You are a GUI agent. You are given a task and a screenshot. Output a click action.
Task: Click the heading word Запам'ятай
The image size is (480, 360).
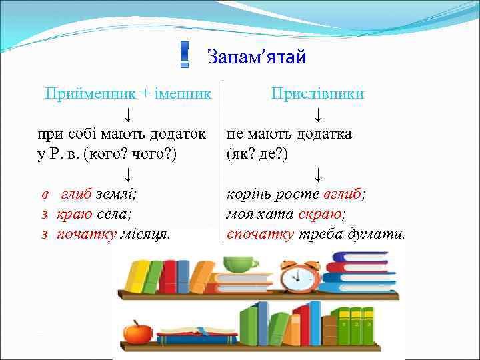[256, 57]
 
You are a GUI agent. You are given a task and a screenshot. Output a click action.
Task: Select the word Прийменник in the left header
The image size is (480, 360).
[79, 93]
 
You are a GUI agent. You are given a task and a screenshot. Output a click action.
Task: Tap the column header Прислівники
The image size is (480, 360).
[317, 93]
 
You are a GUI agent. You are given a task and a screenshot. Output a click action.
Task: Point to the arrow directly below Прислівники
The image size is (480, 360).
[319, 114]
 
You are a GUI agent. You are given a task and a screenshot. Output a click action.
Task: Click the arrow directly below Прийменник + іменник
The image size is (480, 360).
[127, 114]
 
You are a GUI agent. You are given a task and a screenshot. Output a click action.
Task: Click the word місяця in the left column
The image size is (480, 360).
[145, 235]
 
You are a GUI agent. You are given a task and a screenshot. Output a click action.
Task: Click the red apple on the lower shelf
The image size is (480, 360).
[138, 331]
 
